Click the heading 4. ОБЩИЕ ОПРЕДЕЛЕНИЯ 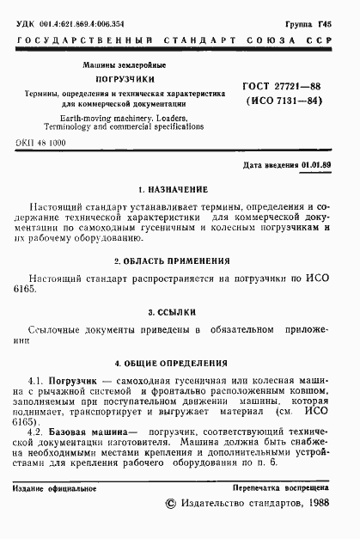pos(180,363)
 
